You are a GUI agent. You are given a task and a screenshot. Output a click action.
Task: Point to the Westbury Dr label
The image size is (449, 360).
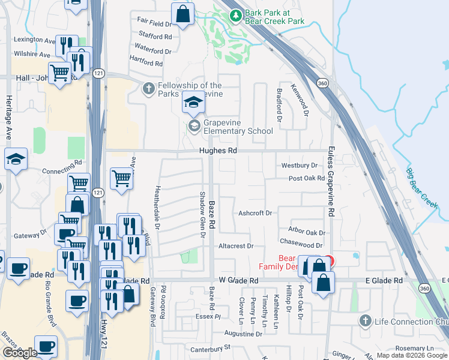tap(299, 165)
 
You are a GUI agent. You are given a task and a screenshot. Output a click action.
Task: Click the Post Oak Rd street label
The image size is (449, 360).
tap(307, 179)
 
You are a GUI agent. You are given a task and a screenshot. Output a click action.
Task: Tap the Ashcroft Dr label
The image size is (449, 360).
tap(255, 213)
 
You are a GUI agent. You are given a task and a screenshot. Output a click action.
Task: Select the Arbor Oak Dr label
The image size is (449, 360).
tap(306, 232)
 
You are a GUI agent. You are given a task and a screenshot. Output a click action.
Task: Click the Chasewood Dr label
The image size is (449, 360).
tap(301, 245)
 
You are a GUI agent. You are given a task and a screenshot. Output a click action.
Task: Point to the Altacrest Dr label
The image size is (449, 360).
tap(237, 246)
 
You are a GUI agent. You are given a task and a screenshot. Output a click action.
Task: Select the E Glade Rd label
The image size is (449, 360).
tap(384, 281)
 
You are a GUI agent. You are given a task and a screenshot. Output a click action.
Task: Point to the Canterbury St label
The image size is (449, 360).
tap(210, 347)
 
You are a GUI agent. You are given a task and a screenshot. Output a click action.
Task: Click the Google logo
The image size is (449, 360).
tap(20, 353)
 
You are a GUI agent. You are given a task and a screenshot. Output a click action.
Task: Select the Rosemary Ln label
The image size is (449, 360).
tap(414, 349)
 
